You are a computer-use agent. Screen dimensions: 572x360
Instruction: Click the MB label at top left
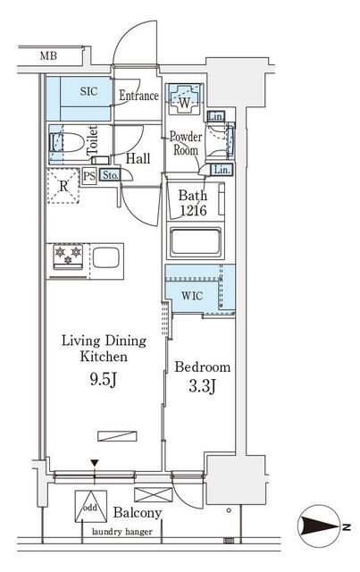(50, 56)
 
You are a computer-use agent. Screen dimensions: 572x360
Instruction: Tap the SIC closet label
(90, 92)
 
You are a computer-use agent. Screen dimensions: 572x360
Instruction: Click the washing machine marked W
(185, 102)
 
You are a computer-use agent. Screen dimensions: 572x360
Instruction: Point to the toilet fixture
(67, 141)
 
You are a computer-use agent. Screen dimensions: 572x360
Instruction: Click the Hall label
(138, 158)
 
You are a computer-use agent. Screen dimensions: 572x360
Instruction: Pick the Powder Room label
(185, 144)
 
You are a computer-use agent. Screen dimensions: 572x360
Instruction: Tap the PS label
(89, 175)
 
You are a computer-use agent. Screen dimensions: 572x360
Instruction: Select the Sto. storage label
(111, 175)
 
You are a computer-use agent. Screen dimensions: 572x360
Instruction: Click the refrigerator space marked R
(63, 188)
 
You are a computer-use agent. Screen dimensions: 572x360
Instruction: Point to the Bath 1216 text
(192, 202)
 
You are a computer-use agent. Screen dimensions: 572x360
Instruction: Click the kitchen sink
(105, 259)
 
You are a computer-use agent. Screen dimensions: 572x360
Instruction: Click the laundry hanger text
(122, 533)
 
